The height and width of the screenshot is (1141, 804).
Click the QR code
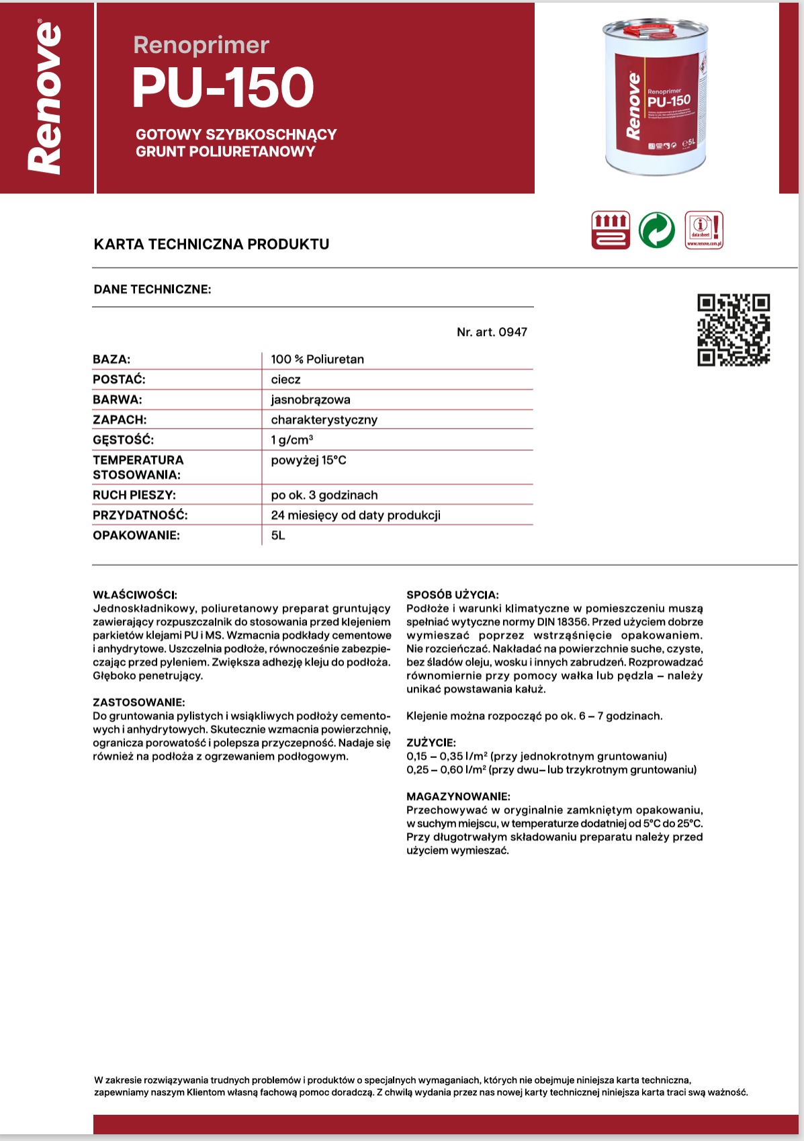click(733, 330)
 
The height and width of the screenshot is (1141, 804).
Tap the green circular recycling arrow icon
click(656, 230)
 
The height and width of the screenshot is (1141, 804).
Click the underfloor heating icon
click(611, 230)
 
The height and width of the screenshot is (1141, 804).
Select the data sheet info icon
click(704, 230)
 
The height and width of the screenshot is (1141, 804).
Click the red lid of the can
click(648, 30)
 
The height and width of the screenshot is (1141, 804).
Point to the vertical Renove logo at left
click(46, 98)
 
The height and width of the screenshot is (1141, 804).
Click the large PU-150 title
click(223, 88)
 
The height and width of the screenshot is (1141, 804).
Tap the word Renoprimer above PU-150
click(201, 45)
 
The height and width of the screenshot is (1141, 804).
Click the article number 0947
click(492, 332)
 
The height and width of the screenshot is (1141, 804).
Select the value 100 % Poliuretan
click(317, 360)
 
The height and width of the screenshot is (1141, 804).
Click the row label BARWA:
click(118, 400)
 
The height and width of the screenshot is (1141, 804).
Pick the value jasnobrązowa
click(310, 400)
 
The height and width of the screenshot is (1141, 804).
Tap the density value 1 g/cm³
click(292, 440)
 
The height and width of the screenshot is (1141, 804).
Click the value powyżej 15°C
click(308, 460)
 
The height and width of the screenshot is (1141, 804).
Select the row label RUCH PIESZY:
click(134, 495)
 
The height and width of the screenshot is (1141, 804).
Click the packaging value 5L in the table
click(278, 536)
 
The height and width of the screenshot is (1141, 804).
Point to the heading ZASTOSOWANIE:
click(138, 702)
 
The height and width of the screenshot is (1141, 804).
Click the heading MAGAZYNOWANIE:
click(458, 796)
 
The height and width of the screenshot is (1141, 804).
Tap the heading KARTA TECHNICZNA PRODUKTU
click(212, 244)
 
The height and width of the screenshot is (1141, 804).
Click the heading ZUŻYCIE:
click(431, 743)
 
